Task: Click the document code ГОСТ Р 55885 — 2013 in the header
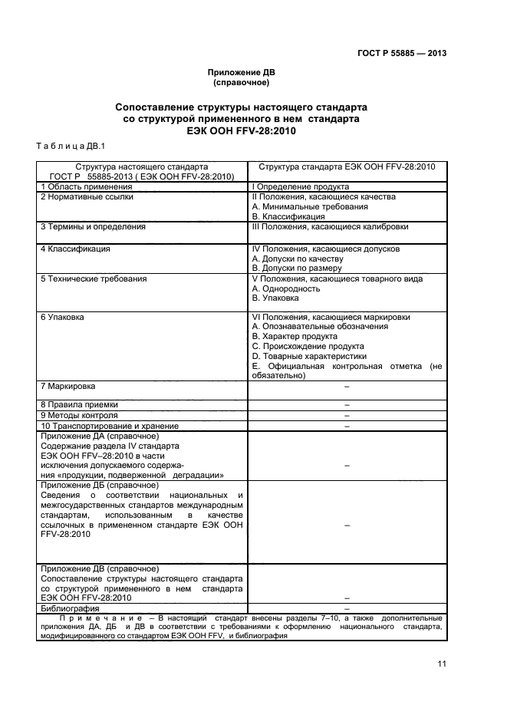[402, 53]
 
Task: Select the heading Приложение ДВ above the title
[241, 74]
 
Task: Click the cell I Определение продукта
[301, 186]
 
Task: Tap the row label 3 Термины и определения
[93, 227]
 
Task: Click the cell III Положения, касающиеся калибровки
[330, 227]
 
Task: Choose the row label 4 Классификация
[74, 249]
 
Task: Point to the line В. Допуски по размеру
[298, 269]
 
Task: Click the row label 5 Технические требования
[93, 279]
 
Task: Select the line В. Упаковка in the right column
[276, 299]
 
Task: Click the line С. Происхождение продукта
[308, 347]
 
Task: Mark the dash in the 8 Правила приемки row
[347, 406]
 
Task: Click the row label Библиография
[67, 608]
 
